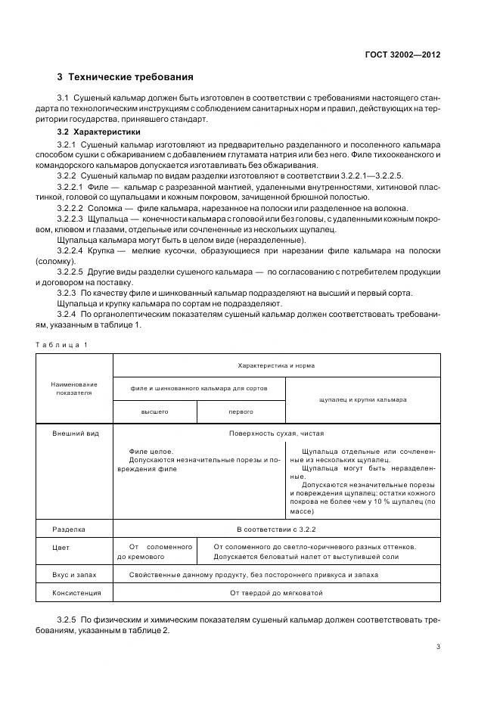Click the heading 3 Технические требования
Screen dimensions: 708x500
125,77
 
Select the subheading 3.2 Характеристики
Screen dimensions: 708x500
98,132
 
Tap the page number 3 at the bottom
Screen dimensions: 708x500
439,646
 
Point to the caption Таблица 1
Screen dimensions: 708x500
61,345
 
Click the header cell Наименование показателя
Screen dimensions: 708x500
75,389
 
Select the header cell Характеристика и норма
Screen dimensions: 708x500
276,365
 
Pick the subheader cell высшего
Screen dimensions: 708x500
155,411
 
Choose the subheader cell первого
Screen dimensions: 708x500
241,411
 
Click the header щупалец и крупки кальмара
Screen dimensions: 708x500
363,399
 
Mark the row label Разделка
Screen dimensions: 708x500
68,530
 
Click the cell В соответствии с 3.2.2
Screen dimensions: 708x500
276,530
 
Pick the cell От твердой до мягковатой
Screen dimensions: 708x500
276,593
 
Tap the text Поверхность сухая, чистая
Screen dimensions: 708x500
276,435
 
